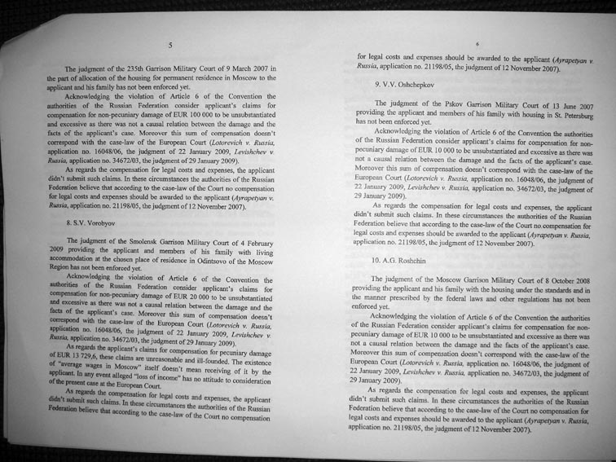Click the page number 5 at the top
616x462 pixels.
169,46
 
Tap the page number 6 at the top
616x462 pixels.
477,42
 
